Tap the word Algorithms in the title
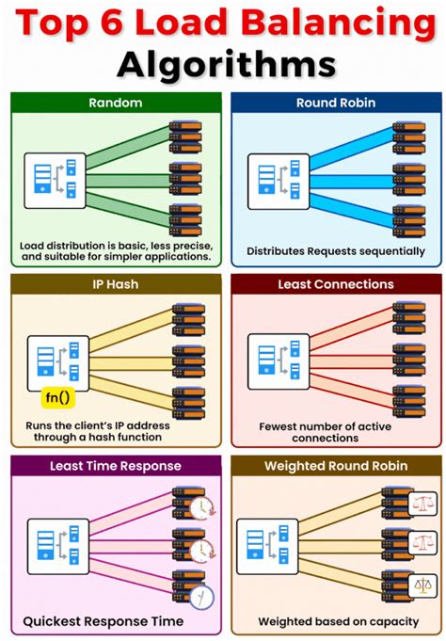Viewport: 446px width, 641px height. click(x=223, y=64)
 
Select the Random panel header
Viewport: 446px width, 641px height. click(x=114, y=103)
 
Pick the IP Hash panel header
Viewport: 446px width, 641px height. click(x=114, y=283)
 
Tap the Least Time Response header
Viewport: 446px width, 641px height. click(x=114, y=465)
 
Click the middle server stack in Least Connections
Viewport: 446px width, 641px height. click(x=409, y=361)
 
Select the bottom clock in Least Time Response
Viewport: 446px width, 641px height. click(x=201, y=595)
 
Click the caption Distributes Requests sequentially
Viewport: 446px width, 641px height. click(x=335, y=251)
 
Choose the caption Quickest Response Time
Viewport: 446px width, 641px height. click(x=104, y=621)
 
